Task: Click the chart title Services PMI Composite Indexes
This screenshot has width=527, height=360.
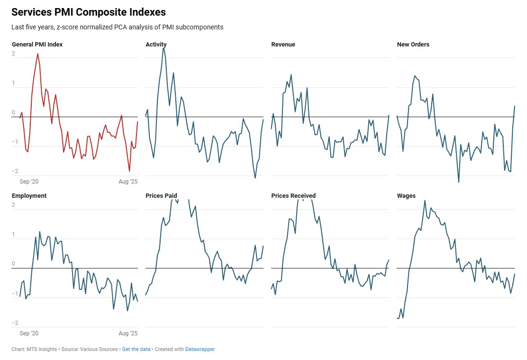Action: (89, 12)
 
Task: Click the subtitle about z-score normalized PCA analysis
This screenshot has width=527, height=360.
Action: (117, 27)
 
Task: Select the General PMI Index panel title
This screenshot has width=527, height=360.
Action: (37, 45)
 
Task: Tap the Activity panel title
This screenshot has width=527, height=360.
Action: (156, 45)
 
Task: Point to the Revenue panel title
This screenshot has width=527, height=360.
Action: (283, 45)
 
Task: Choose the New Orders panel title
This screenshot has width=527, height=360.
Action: (413, 45)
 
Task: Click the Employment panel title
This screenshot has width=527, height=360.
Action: (29, 195)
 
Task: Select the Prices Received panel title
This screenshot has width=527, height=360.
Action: (293, 195)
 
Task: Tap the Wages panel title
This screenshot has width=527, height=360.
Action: (406, 195)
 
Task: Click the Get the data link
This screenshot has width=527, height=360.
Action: (136, 349)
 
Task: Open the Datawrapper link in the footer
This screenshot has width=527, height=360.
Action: (200, 349)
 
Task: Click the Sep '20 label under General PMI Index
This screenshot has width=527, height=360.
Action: (29, 182)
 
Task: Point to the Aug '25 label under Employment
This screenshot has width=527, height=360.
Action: (127, 333)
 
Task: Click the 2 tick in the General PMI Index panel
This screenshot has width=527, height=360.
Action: (14, 54)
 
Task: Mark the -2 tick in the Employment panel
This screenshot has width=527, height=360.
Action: (14, 323)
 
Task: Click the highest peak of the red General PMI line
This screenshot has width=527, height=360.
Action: (37, 54)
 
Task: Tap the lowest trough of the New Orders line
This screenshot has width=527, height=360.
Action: (458, 182)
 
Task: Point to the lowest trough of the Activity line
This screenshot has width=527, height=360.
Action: (255, 178)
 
